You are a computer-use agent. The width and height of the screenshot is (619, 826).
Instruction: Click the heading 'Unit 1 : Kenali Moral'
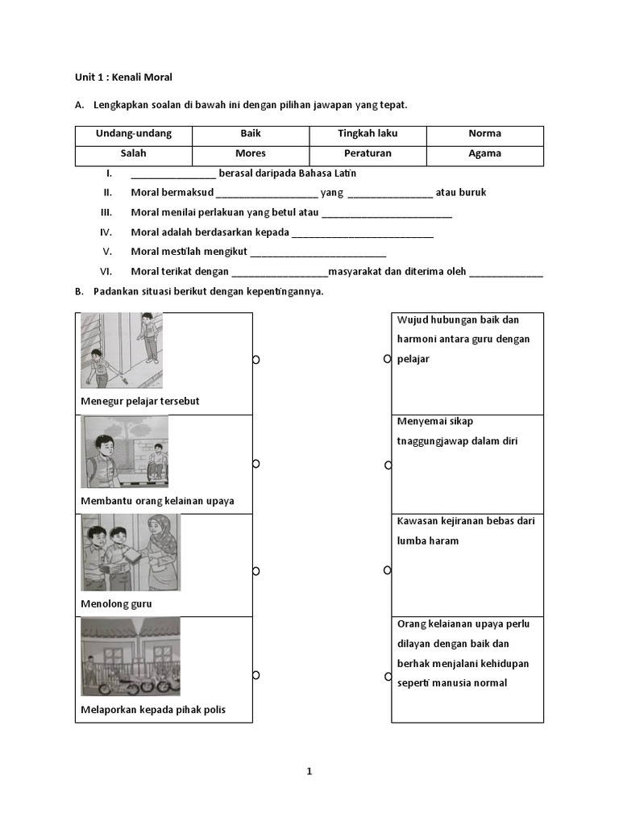pos(123,77)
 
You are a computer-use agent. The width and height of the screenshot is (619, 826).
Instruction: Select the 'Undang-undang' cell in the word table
pos(134,134)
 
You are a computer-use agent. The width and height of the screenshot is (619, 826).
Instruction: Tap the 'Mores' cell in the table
pos(251,153)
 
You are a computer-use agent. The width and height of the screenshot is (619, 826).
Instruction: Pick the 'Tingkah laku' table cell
pos(368,134)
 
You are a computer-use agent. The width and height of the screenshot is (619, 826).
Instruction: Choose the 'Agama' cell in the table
pos(484,153)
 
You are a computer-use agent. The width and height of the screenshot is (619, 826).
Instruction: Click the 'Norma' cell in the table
pos(484,134)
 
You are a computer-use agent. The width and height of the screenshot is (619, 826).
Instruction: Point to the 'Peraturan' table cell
pos(368,153)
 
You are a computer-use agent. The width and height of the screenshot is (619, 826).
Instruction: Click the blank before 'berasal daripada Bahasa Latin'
pos(172,174)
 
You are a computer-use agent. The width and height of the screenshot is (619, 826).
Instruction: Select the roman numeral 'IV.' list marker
pos(106,232)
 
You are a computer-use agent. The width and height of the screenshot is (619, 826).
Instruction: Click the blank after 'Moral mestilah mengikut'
pos(318,252)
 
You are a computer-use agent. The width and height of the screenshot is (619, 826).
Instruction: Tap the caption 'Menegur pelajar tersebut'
pos(140,401)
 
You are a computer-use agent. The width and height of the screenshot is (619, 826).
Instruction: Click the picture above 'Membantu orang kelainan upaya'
pos(124,452)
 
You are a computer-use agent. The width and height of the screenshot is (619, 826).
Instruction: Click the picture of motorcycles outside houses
pos(130,657)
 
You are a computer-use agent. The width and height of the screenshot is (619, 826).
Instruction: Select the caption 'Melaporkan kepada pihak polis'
pos(153,710)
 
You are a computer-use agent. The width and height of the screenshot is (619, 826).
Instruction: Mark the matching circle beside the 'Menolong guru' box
pos(256,571)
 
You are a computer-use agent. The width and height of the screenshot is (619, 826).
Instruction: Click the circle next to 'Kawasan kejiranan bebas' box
pos(387,570)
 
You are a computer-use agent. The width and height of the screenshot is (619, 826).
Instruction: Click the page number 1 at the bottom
pos(309,771)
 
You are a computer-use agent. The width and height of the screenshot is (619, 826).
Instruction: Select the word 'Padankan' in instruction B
pos(114,292)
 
